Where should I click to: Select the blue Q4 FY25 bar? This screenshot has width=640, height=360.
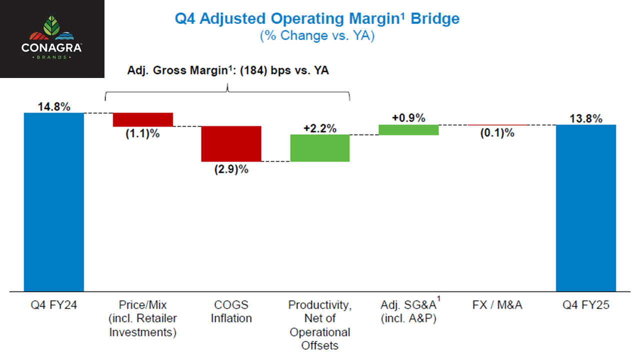click(586, 207)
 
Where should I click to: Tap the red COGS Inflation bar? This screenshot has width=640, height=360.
click(231, 143)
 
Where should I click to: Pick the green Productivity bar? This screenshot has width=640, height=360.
click(320, 148)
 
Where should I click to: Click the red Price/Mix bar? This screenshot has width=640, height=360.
click(143, 119)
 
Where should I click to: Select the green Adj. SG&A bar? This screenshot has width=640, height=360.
click(408, 129)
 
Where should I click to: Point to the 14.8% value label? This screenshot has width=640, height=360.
click(53, 107)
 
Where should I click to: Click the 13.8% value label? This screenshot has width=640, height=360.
click(585, 118)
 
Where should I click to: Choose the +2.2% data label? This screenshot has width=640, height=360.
click(319, 128)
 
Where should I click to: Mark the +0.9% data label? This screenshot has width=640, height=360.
click(408, 118)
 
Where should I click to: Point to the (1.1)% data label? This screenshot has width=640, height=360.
click(142, 134)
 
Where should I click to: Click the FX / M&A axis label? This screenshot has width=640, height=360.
click(497, 304)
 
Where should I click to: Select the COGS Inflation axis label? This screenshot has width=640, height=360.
click(231, 311)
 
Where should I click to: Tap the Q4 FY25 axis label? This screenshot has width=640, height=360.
click(585, 304)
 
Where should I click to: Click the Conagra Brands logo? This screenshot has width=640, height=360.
click(52, 38)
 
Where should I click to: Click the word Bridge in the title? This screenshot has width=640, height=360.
click(433, 19)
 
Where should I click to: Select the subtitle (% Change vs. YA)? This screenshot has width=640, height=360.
click(316, 36)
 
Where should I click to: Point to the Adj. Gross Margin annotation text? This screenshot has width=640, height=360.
click(227, 70)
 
